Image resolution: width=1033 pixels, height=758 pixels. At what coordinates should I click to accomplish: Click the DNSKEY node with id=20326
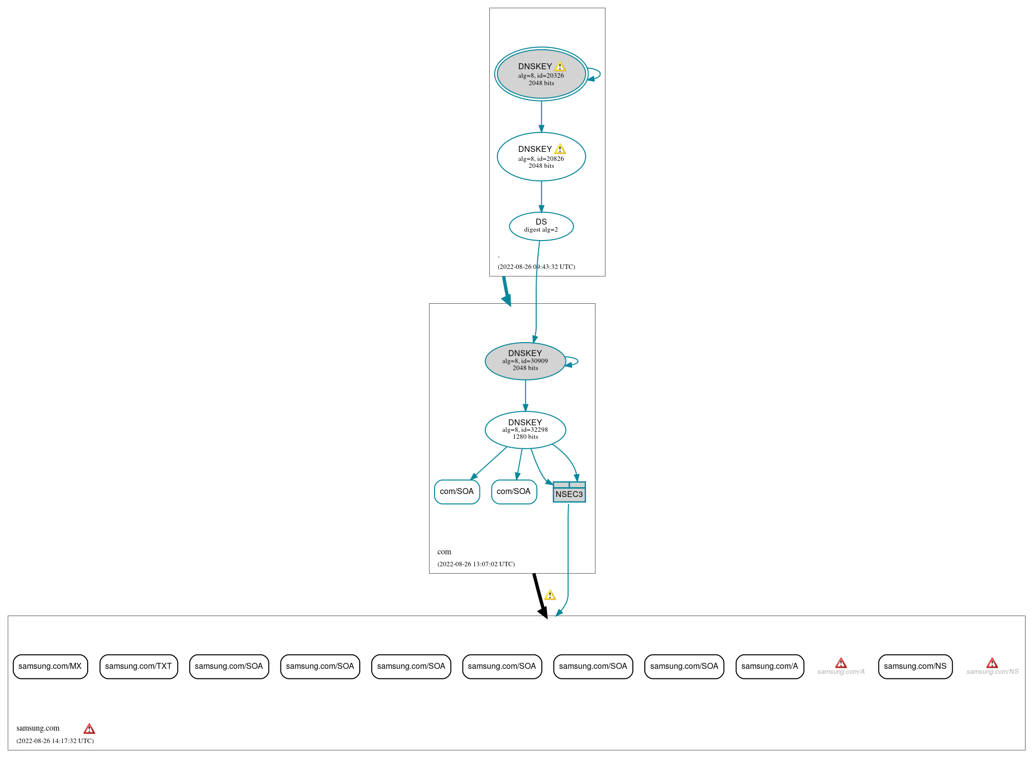[x=541, y=74]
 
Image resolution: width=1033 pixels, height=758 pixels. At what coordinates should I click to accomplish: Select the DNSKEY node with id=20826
[x=541, y=157]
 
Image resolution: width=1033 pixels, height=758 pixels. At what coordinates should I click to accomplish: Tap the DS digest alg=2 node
[x=541, y=226]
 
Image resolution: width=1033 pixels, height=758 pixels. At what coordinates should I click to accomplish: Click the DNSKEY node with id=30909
[x=525, y=361]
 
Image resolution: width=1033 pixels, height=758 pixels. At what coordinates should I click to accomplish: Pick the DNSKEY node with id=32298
[x=525, y=429]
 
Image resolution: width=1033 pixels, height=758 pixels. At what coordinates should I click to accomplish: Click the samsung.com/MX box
[x=50, y=666]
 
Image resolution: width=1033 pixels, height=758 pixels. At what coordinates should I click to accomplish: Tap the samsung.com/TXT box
[x=139, y=666]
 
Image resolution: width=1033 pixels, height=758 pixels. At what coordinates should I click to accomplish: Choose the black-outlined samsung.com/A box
[x=769, y=666]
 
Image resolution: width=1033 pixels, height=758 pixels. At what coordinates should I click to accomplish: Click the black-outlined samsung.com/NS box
[x=915, y=666]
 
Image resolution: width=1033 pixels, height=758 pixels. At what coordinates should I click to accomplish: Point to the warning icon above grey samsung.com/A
[x=841, y=663]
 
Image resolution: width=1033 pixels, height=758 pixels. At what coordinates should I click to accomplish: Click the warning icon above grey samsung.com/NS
[x=992, y=663]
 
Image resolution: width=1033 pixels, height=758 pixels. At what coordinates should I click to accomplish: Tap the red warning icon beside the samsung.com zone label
[x=89, y=729]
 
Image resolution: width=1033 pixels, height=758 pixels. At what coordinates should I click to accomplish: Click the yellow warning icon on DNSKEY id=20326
[x=560, y=66]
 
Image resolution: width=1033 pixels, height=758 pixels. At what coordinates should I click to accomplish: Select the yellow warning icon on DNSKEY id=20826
[x=560, y=149]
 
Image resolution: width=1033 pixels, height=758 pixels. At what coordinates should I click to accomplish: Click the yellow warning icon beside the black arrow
[x=550, y=595]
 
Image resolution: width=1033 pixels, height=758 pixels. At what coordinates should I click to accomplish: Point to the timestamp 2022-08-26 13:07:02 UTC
[x=476, y=564]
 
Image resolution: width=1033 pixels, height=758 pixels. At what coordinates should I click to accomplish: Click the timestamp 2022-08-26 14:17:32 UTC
[x=55, y=741]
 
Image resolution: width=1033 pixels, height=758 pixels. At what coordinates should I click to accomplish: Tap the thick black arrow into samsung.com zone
[x=540, y=596]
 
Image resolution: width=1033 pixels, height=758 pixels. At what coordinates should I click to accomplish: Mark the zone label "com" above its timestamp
[x=444, y=552]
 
